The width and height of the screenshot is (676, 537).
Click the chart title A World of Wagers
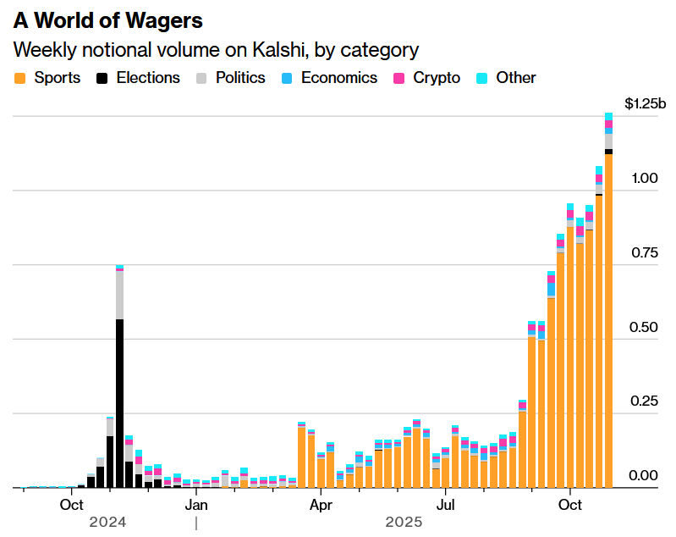pyautogui.click(x=107, y=20)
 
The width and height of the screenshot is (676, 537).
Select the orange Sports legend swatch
pyautogui.click(x=20, y=78)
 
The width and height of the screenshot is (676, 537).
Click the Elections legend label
pyautogui.click(x=148, y=78)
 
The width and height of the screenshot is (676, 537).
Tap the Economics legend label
pyautogui.click(x=338, y=78)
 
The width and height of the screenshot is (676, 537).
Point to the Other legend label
pyautogui.click(x=516, y=78)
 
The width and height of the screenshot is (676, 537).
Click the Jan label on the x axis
pyautogui.click(x=195, y=506)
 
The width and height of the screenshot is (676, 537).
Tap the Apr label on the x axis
pyautogui.click(x=321, y=506)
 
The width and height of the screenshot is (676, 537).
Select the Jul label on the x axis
pyautogui.click(x=446, y=506)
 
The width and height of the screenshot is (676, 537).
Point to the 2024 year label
pyautogui.click(x=107, y=523)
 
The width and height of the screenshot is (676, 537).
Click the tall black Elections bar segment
pyautogui.click(x=120, y=403)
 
